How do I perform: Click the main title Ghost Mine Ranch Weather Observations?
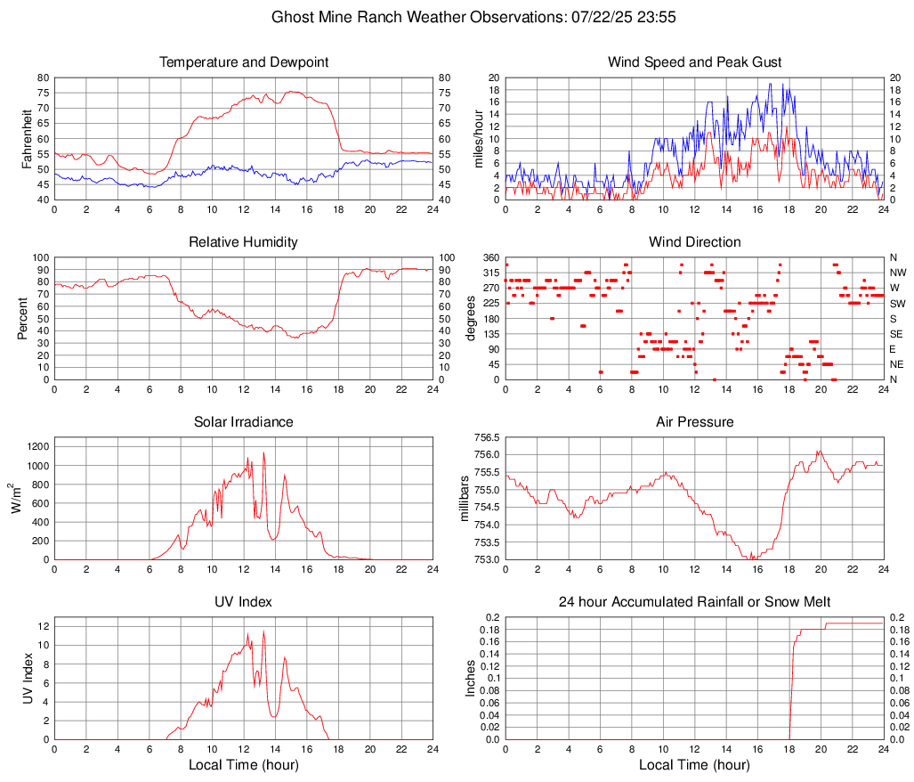(x=457, y=17)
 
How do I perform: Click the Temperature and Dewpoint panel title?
(x=244, y=62)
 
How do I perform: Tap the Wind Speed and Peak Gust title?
(x=694, y=62)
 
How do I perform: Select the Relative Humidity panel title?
(x=244, y=242)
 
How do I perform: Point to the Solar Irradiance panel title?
(x=244, y=421)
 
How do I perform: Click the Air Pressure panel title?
(x=694, y=421)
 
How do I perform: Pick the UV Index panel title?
(x=244, y=602)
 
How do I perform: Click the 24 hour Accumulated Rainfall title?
(x=694, y=602)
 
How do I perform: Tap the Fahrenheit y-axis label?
(x=27, y=138)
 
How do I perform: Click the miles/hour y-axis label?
(x=478, y=138)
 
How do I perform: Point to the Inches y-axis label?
(x=471, y=678)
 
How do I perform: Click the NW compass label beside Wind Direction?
(x=897, y=273)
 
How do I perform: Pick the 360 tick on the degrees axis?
(x=489, y=257)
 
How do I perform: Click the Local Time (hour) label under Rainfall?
(x=694, y=764)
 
